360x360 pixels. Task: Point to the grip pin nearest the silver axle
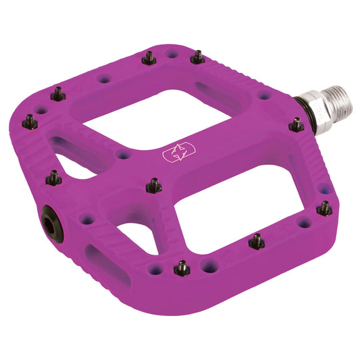[x=296, y=125]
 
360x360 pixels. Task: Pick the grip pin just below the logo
[x=155, y=185]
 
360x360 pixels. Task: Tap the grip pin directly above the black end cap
[x=53, y=178]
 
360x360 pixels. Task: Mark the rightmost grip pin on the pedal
[x=324, y=209]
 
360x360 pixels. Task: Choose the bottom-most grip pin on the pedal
[x=182, y=269]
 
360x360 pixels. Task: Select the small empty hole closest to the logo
[x=123, y=155]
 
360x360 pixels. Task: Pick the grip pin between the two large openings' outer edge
[x=257, y=241]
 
